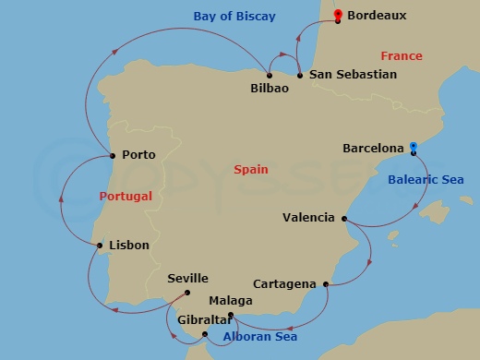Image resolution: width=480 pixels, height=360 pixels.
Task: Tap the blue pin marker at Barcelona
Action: point(414,147)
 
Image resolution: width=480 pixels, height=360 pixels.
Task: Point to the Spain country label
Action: point(251,169)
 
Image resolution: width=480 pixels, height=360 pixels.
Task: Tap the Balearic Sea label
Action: point(426,179)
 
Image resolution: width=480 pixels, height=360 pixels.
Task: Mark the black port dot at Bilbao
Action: point(269,75)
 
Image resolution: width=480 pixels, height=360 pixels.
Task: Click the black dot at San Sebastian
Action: point(300,74)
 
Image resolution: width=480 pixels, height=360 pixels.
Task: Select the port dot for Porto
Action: point(112,154)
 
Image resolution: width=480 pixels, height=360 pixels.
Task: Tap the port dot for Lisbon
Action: point(100,245)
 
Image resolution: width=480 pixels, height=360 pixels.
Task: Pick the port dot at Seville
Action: point(186,293)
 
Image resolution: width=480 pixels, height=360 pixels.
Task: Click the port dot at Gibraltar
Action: point(205,332)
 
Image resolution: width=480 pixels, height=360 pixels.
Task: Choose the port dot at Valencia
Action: point(343,218)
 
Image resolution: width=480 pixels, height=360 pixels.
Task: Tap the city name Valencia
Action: point(308,218)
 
